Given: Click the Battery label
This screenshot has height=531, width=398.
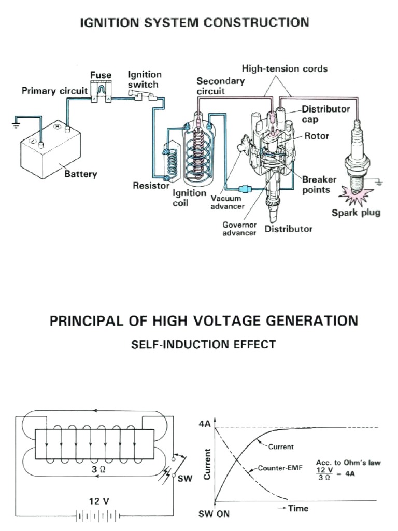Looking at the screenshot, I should point(80,174).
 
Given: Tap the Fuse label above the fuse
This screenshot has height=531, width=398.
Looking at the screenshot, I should point(101,76).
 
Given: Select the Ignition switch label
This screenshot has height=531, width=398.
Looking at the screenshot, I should point(145,79).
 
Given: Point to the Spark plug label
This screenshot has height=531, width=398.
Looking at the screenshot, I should point(356,213).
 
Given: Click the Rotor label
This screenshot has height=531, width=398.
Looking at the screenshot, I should point(317,136).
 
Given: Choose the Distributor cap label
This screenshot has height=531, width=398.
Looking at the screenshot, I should point(325,114).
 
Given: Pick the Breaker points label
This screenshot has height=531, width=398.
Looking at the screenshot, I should point(319,185).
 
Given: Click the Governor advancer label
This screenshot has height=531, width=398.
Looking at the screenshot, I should point(239,229).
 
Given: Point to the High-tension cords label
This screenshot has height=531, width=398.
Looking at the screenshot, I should point(285,68).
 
